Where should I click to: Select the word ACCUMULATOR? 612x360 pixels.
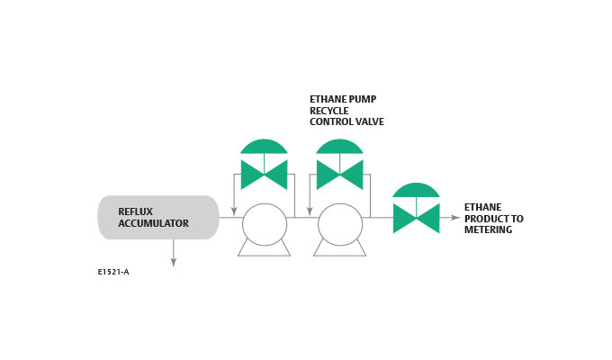click(154, 223)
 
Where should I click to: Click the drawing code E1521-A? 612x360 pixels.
click(112, 271)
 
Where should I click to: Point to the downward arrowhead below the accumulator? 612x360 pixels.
click(173, 262)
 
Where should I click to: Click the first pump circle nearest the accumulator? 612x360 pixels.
click(264, 224)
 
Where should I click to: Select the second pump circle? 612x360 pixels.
click(339, 224)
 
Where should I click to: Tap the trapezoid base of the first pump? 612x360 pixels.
click(264, 249)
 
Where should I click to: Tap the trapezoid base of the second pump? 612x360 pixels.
click(339, 249)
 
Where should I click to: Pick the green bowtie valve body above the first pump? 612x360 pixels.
click(264, 175)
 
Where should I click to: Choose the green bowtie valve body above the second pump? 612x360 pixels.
click(339, 175)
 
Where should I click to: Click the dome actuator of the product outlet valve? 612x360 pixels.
click(416, 190)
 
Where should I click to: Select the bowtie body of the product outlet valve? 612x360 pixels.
click(416, 218)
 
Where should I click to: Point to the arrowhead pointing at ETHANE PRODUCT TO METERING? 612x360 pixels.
click(455, 218)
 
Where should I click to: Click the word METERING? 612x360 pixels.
click(489, 229)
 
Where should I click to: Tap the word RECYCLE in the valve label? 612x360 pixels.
click(330, 110)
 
